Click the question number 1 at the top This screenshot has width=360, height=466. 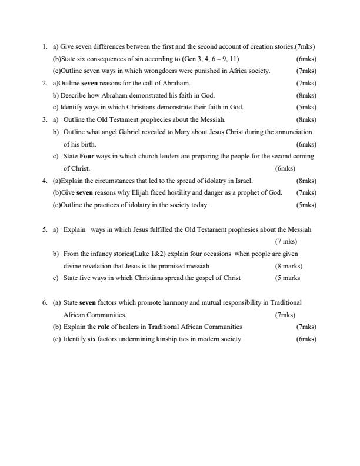pyautogui.click(x=44, y=46)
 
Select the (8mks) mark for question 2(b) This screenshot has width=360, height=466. pyautogui.click(x=306, y=95)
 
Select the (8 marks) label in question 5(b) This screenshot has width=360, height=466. pyautogui.click(x=289, y=266)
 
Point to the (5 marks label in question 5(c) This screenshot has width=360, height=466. pyautogui.click(x=288, y=278)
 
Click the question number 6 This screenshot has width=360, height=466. pyautogui.click(x=44, y=302)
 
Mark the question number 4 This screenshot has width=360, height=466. pyautogui.click(x=44, y=181)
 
